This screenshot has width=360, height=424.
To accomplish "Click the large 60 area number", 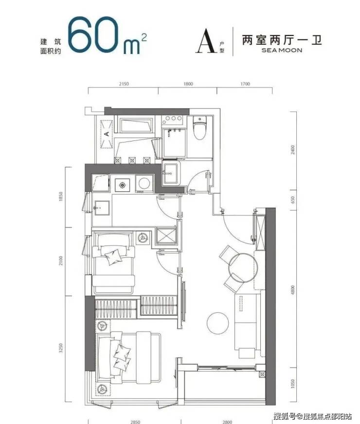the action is [x=93, y=35].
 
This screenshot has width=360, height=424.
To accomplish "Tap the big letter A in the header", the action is [x=206, y=41].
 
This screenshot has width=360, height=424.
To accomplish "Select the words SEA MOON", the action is [x=282, y=50].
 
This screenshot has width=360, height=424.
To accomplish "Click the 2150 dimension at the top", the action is [x=124, y=84].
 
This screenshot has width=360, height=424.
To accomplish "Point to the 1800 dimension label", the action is [x=188, y=84].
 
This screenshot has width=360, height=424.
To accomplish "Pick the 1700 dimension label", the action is [x=245, y=84].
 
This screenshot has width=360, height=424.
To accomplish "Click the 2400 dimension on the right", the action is [x=293, y=150].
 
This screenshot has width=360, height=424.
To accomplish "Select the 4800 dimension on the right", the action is [x=293, y=290].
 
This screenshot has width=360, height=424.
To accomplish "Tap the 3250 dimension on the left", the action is [x=61, y=348].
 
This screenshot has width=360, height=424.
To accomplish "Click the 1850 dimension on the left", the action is [x=61, y=196].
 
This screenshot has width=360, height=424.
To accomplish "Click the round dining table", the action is [x=243, y=268].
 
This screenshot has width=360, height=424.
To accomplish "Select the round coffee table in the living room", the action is [x=218, y=323].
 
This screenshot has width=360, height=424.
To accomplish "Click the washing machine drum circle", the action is [x=144, y=183].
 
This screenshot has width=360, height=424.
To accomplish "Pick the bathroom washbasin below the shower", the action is [x=171, y=173].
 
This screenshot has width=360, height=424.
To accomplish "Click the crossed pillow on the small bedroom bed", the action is [x=113, y=257].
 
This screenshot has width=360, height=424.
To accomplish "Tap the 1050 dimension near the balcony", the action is [x=293, y=384].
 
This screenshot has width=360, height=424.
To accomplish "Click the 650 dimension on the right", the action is [x=293, y=200].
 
